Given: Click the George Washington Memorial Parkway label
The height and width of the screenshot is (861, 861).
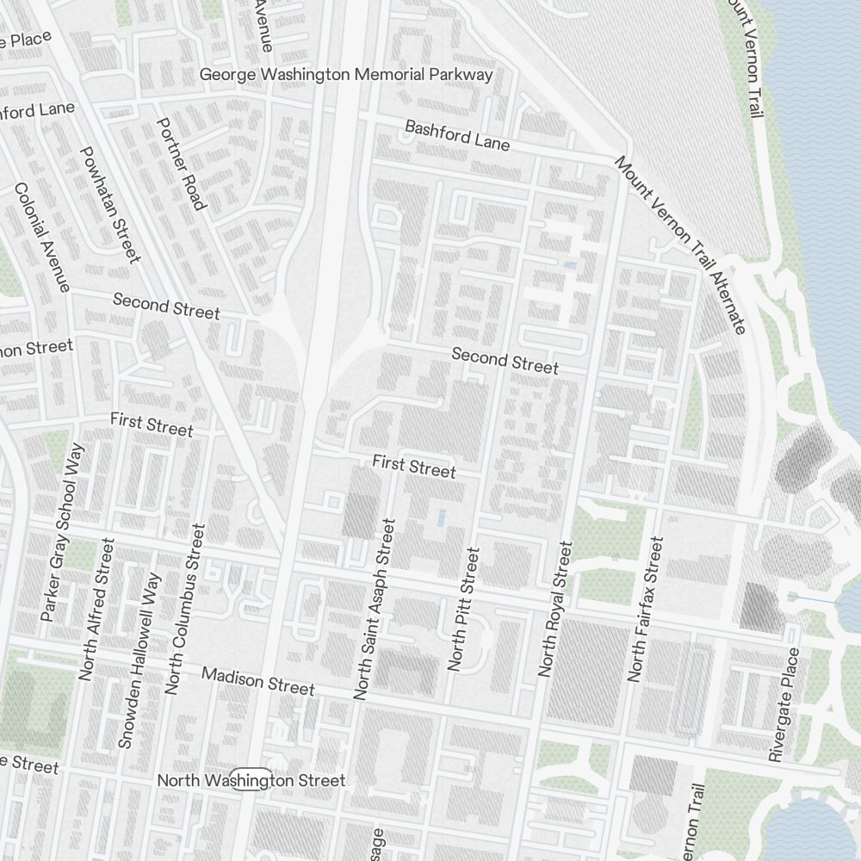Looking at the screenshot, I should (x=346, y=75).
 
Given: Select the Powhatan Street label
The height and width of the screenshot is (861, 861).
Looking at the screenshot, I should (x=109, y=204).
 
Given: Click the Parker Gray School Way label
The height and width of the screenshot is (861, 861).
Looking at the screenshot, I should (x=65, y=533).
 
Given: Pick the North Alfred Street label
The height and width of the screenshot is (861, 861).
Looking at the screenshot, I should (x=96, y=609).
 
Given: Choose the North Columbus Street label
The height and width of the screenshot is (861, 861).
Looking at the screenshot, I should (x=185, y=609).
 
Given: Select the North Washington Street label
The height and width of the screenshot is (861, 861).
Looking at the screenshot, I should (x=251, y=781).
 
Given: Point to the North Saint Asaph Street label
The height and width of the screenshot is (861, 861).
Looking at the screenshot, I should (x=374, y=609).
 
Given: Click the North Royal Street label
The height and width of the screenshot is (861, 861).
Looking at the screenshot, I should (x=554, y=609).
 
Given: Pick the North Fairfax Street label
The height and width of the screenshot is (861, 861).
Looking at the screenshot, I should (x=647, y=609).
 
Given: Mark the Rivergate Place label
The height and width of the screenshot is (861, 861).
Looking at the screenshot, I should (x=784, y=704).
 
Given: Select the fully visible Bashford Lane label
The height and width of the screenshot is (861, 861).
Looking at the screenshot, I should (x=457, y=135).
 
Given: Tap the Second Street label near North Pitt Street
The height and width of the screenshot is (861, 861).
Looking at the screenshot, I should (x=505, y=361).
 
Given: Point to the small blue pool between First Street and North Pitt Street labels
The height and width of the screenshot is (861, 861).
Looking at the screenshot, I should (x=442, y=517).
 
